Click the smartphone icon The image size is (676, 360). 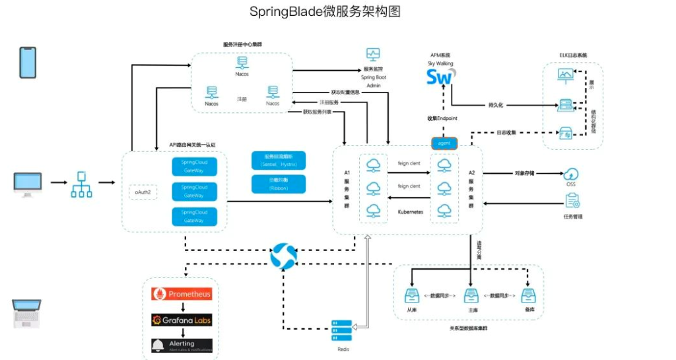point(27,63)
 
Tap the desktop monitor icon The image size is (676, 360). point(28,184)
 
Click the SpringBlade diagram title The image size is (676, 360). point(325,12)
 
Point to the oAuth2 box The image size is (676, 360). point(143,192)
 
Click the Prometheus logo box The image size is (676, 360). point(182,293)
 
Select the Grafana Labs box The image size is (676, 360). point(182,320)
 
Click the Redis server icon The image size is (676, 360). point(342,328)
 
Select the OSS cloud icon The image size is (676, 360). point(570,174)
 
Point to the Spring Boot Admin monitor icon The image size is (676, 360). point(373,54)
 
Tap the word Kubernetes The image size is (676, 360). point(410,212)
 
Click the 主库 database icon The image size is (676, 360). point(471,296)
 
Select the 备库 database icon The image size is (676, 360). point(528,296)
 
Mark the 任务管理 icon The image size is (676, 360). point(572,200)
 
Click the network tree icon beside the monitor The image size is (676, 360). point(81,184)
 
